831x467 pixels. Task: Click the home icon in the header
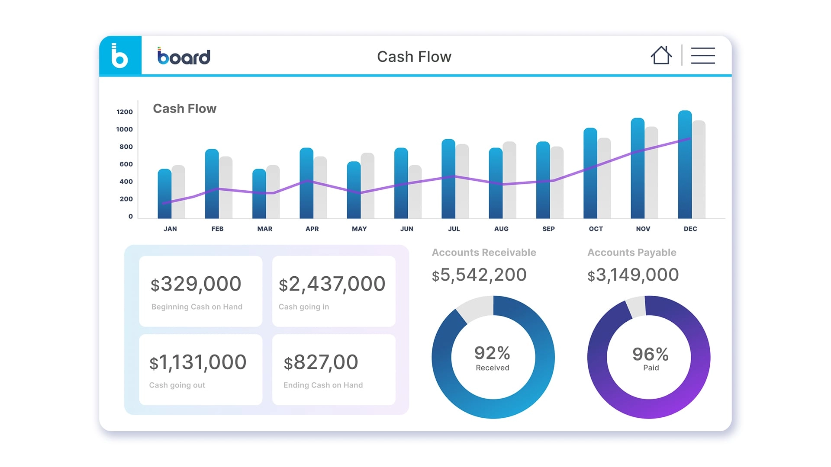coord(661,55)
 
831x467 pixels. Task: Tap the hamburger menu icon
coord(703,56)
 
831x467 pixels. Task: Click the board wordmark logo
coord(184,56)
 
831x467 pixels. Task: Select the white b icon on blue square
coord(120,56)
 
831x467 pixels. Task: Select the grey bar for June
coord(415,192)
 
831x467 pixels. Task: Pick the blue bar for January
coord(164,195)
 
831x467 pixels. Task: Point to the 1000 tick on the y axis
coord(124,129)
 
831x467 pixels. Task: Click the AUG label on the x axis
coord(501,229)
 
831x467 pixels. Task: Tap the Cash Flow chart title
coord(184,109)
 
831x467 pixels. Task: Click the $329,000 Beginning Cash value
coord(196,284)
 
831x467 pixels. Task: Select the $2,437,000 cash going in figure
coord(332,284)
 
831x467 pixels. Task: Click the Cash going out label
coord(177,385)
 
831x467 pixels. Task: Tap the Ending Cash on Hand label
coord(323,385)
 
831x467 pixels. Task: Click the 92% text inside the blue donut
coord(492,353)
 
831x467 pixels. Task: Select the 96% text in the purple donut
coord(650,354)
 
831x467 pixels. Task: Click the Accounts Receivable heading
coord(484,253)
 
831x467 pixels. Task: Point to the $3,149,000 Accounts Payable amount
coord(633,275)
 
